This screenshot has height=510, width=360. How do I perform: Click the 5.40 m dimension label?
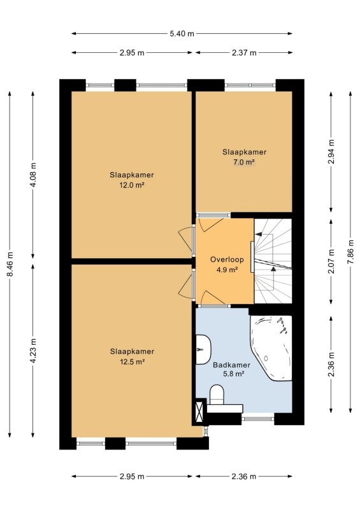pos(182,34)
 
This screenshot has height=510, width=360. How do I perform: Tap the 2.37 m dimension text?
pos(244,53)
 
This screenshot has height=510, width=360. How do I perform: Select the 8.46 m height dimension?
pos(10,264)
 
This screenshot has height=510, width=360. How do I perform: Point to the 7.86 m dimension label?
pos(350,252)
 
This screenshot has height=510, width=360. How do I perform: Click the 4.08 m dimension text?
pos(33,175)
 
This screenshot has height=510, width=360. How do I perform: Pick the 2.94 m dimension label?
pos(331,151)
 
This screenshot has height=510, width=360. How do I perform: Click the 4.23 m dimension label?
pos(33,351)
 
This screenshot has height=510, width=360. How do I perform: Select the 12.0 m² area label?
pos(132,185)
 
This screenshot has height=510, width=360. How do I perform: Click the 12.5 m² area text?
pos(132,361)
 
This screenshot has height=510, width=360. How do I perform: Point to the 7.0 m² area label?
pos(244,162)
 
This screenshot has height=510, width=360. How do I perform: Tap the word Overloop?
pos(227,259)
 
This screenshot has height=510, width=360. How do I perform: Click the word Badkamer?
pos(231,365)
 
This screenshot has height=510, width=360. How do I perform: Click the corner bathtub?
pos(271,347)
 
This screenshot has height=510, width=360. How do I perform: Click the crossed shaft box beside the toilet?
pos(199,412)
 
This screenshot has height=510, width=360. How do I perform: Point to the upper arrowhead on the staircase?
pos(259,234)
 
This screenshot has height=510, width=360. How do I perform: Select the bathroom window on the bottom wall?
pos(258,419)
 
